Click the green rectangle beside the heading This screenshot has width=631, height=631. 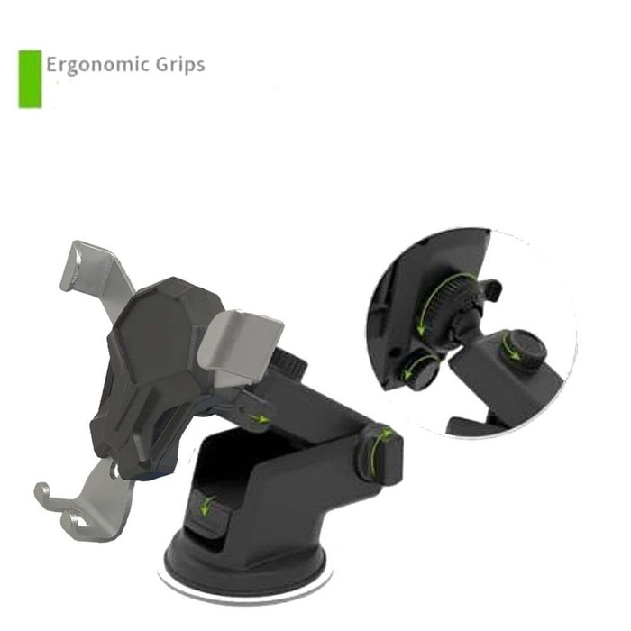30,79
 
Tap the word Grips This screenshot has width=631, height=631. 180,65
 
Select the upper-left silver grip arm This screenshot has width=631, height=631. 96,274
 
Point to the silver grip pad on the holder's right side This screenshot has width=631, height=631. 241,345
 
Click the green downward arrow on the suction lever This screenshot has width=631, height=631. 206,506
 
